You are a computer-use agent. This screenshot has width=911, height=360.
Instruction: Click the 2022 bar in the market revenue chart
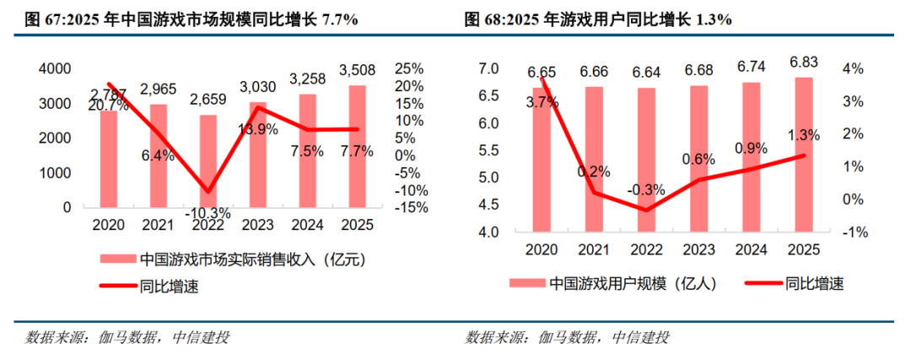click(208, 161)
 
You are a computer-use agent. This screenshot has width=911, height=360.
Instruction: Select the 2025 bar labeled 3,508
click(357, 147)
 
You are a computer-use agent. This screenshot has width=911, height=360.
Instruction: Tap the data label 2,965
click(158, 90)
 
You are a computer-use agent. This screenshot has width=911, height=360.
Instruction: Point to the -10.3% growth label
click(208, 212)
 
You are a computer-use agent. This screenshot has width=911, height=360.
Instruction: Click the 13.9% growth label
click(258, 130)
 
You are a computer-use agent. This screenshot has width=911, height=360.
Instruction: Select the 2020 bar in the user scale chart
click(542, 159)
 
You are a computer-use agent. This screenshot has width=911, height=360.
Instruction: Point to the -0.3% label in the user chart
click(645, 190)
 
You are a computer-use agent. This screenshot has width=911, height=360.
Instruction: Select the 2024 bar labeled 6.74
click(752, 157)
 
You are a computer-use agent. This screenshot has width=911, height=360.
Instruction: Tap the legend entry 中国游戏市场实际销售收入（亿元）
click(233, 259)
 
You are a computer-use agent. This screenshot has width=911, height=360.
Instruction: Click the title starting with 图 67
click(191, 20)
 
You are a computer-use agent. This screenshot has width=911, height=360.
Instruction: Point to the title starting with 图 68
click(598, 20)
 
